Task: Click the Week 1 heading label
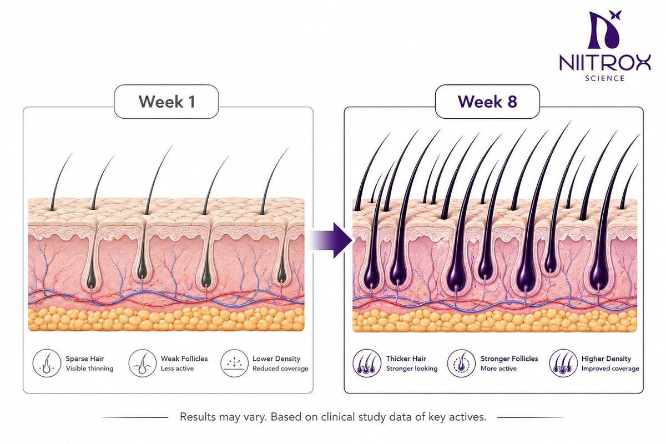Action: (x=167, y=102)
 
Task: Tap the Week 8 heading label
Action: (x=487, y=102)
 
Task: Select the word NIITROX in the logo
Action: (x=605, y=62)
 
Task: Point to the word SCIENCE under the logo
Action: (x=605, y=78)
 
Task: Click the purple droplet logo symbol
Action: (x=603, y=30)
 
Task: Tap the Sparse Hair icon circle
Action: (x=47, y=363)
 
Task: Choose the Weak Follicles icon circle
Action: (x=143, y=363)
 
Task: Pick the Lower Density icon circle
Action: (x=235, y=363)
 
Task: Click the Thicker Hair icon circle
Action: (x=367, y=363)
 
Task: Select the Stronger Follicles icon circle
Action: (x=461, y=363)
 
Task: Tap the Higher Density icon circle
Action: (x=563, y=363)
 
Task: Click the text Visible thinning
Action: (x=89, y=369)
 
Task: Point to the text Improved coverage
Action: (x=610, y=369)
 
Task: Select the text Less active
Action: (x=177, y=369)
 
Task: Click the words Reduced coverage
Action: (x=280, y=369)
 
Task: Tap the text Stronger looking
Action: (x=412, y=369)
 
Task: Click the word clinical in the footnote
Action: (x=338, y=417)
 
